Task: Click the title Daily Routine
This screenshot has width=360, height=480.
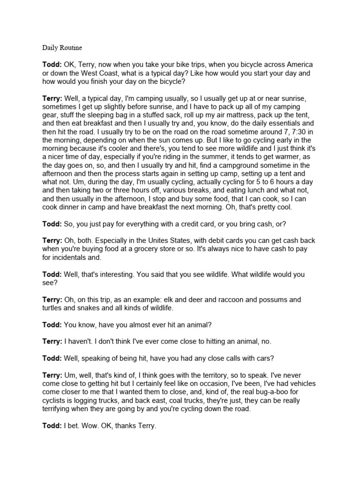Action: pos(62,47)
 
